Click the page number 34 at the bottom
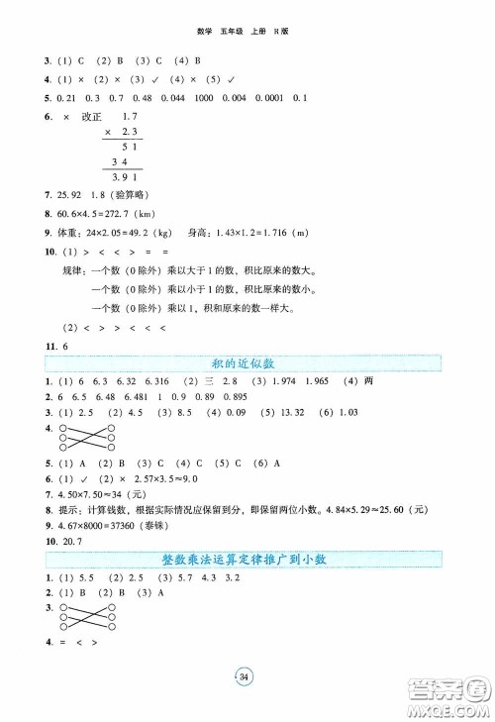pos(247,676)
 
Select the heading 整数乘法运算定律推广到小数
pos(247,560)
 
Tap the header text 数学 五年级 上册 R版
pos(247,31)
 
